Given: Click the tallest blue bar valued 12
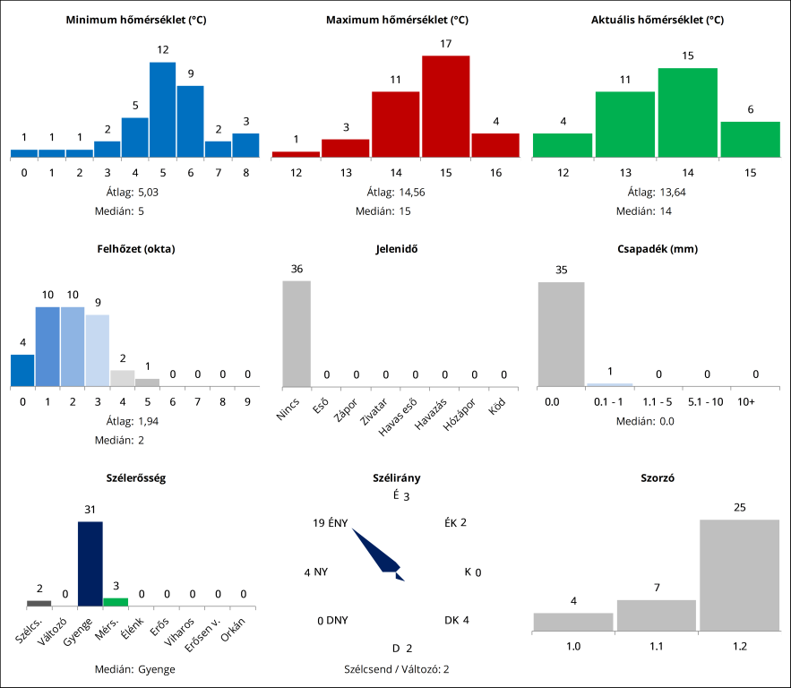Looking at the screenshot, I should pos(162,109).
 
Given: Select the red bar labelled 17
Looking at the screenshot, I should pos(445,106).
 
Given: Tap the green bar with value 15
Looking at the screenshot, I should pos(687,112).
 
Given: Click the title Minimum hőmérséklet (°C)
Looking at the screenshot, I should pos(136,19).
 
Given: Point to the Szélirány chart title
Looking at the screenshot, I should pos(396,477).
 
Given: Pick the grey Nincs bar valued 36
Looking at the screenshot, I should pos(297,332).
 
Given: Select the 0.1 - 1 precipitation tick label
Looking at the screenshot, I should pos(609,402).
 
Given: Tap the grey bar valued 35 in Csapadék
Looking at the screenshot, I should pos(561,333).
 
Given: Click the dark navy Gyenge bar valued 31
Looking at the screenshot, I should pos(90,563).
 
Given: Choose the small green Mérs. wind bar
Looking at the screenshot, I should pos(116,601).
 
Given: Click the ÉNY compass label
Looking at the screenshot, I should pos(338,523).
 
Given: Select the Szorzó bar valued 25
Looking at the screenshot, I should pos(740,574).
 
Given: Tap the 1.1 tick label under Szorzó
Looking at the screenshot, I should pos(657,645).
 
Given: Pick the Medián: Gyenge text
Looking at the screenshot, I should pos(135,668).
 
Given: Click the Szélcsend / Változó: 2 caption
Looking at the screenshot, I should pos(396,668).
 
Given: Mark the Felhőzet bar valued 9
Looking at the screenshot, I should pos(97,350).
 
